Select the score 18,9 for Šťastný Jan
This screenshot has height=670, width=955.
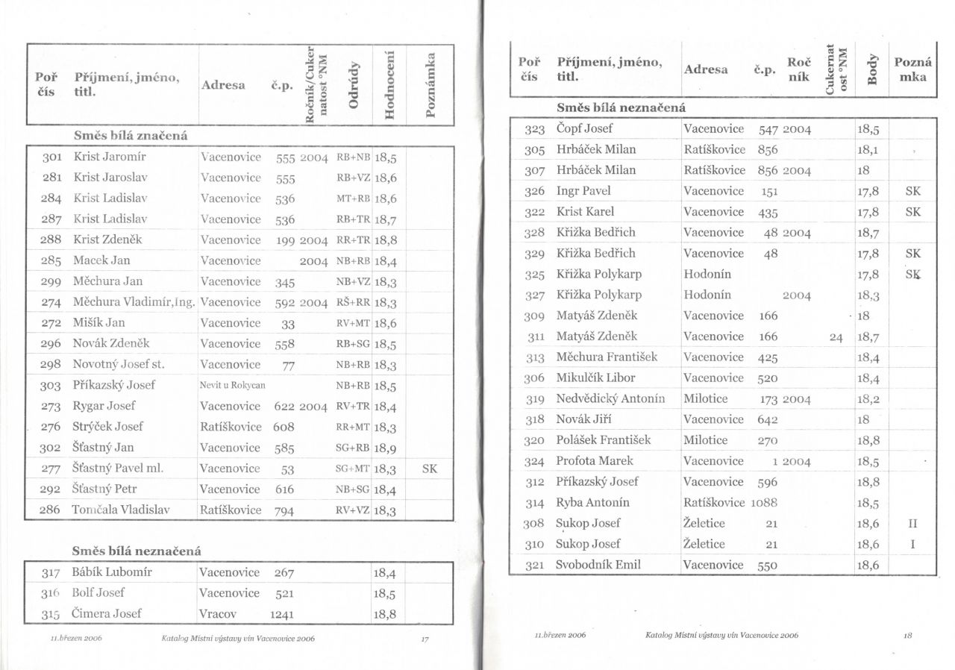pyautogui.click(x=385, y=448)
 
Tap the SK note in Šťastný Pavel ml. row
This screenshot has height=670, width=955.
pyautogui.click(x=429, y=469)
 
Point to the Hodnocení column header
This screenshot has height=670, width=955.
pyautogui.click(x=387, y=84)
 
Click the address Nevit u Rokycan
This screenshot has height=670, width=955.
pyautogui.click(x=232, y=386)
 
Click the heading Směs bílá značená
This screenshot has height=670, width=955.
pyautogui.click(x=130, y=136)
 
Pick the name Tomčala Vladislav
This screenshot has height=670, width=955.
pyautogui.click(x=121, y=510)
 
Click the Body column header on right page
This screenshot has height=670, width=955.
pyautogui.click(x=870, y=69)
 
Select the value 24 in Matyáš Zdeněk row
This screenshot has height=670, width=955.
pyautogui.click(x=836, y=337)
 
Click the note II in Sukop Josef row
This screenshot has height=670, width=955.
pyautogui.click(x=912, y=524)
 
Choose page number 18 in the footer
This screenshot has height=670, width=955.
pyautogui.click(x=907, y=635)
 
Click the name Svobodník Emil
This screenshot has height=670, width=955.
pyautogui.click(x=598, y=565)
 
